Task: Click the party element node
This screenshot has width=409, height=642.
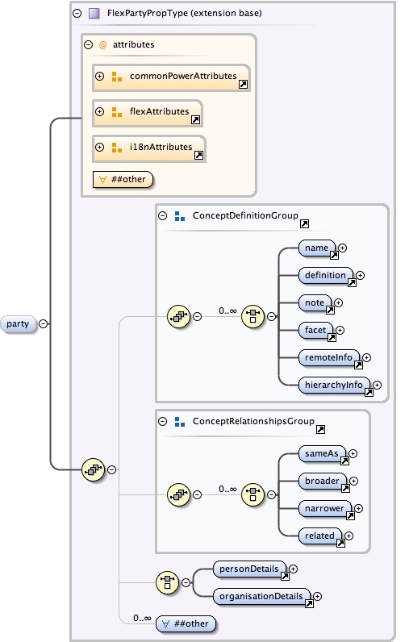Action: [19, 324]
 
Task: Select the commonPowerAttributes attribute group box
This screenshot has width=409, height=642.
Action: [171, 77]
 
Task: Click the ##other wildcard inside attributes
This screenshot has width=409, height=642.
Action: [123, 179]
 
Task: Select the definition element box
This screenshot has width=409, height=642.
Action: [325, 275]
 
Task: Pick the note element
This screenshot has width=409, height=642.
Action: [315, 302]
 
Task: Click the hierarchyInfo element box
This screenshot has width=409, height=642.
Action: [333, 385]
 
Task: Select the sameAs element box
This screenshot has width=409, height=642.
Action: [322, 453]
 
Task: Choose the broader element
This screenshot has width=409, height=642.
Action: [323, 481]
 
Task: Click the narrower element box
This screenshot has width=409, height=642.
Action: [325, 508]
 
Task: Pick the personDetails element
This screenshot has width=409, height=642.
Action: [251, 569]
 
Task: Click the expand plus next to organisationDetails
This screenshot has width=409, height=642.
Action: [318, 596]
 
